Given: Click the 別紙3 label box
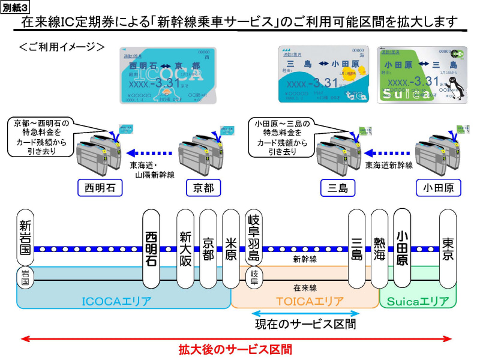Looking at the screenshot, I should pos(16,7).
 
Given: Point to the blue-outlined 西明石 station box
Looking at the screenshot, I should pos(100,188).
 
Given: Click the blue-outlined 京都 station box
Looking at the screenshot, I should pos(200,188).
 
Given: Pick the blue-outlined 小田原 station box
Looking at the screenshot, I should pos(438,188).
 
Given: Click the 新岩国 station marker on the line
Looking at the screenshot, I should pos(25,237).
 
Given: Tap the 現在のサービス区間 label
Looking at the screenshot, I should pos(305,325).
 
